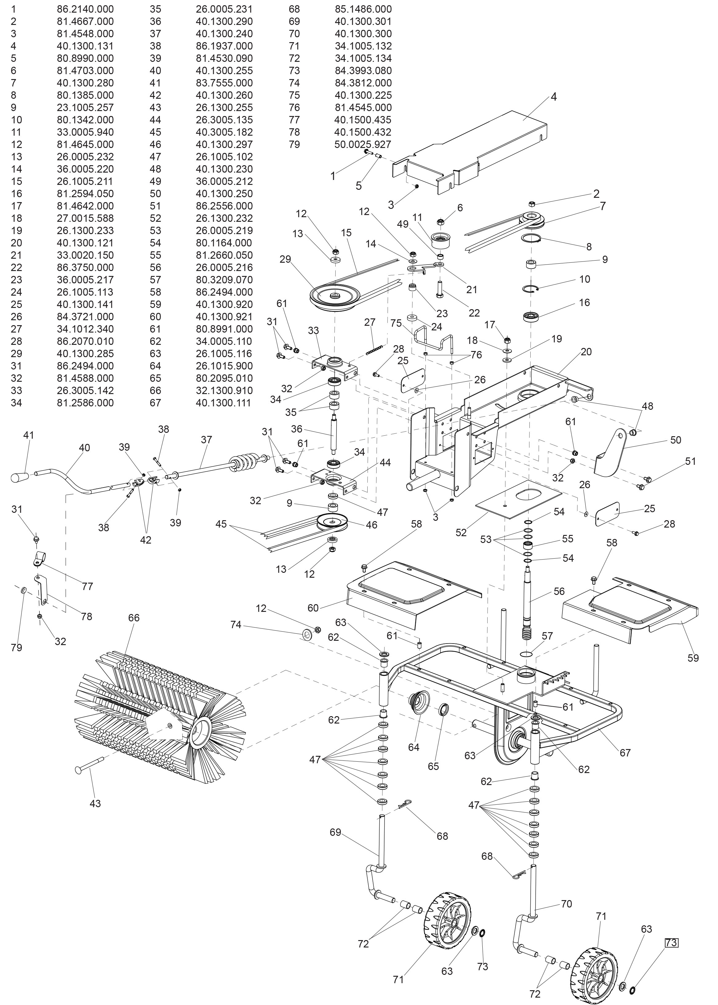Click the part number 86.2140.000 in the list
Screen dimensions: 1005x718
85,9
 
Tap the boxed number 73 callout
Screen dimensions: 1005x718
671,943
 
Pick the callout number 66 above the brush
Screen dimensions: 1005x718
134,618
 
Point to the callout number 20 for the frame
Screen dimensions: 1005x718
586,352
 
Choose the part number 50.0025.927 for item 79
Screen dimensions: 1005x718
362,144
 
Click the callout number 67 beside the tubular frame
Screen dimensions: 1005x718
625,752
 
